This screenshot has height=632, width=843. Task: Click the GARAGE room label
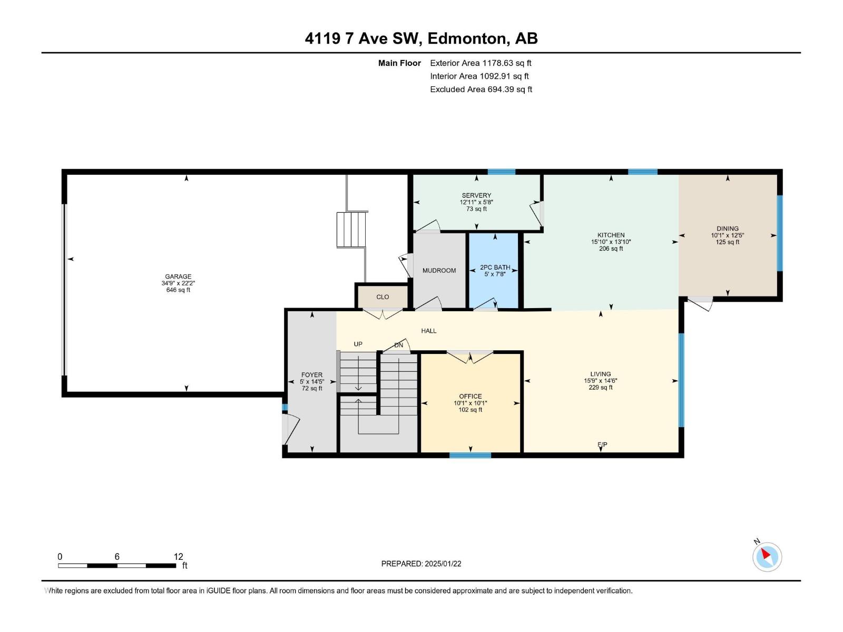pyautogui.click(x=178, y=276)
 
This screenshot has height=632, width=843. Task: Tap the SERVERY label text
pyautogui.click(x=476, y=195)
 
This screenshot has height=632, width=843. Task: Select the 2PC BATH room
pyautogui.click(x=495, y=271)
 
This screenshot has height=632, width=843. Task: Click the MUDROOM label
pyautogui.click(x=439, y=271)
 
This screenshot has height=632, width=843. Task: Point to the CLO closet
pyautogui.click(x=383, y=297)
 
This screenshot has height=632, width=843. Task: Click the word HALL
pyautogui.click(x=429, y=331)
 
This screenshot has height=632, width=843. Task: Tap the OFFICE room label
pyautogui.click(x=470, y=397)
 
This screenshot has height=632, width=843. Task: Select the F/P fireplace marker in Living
pyautogui.click(x=602, y=445)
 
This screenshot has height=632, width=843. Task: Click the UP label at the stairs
pyautogui.click(x=358, y=344)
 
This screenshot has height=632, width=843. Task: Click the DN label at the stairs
pyautogui.click(x=399, y=345)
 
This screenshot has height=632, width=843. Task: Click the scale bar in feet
pyautogui.click(x=117, y=566)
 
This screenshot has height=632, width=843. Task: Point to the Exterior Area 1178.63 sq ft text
pyautogui.click(x=481, y=63)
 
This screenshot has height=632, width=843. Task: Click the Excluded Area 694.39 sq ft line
pyautogui.click(x=481, y=90)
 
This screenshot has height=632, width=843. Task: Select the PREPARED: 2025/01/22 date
pyautogui.click(x=421, y=564)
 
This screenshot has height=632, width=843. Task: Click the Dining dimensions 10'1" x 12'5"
pyautogui.click(x=727, y=235)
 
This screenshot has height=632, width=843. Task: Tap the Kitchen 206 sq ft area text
pyautogui.click(x=611, y=249)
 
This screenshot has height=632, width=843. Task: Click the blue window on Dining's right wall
pyautogui.click(x=780, y=233)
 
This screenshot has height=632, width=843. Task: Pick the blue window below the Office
pyautogui.click(x=470, y=455)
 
